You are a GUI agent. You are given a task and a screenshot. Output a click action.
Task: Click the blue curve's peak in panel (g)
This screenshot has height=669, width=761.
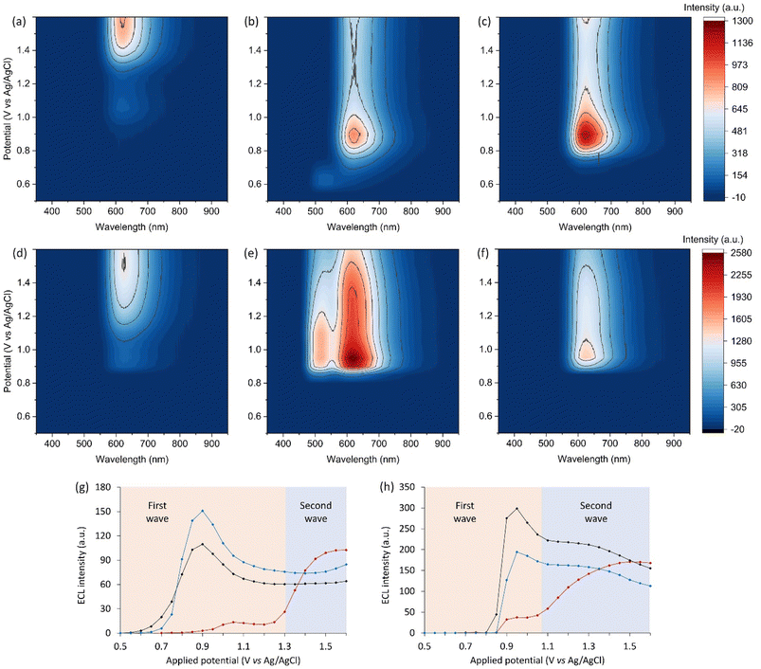coord(202,512)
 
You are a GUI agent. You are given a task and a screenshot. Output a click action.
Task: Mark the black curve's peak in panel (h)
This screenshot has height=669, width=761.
coord(516,509)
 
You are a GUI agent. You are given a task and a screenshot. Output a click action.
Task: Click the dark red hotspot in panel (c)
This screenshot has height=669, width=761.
coord(587,134)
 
